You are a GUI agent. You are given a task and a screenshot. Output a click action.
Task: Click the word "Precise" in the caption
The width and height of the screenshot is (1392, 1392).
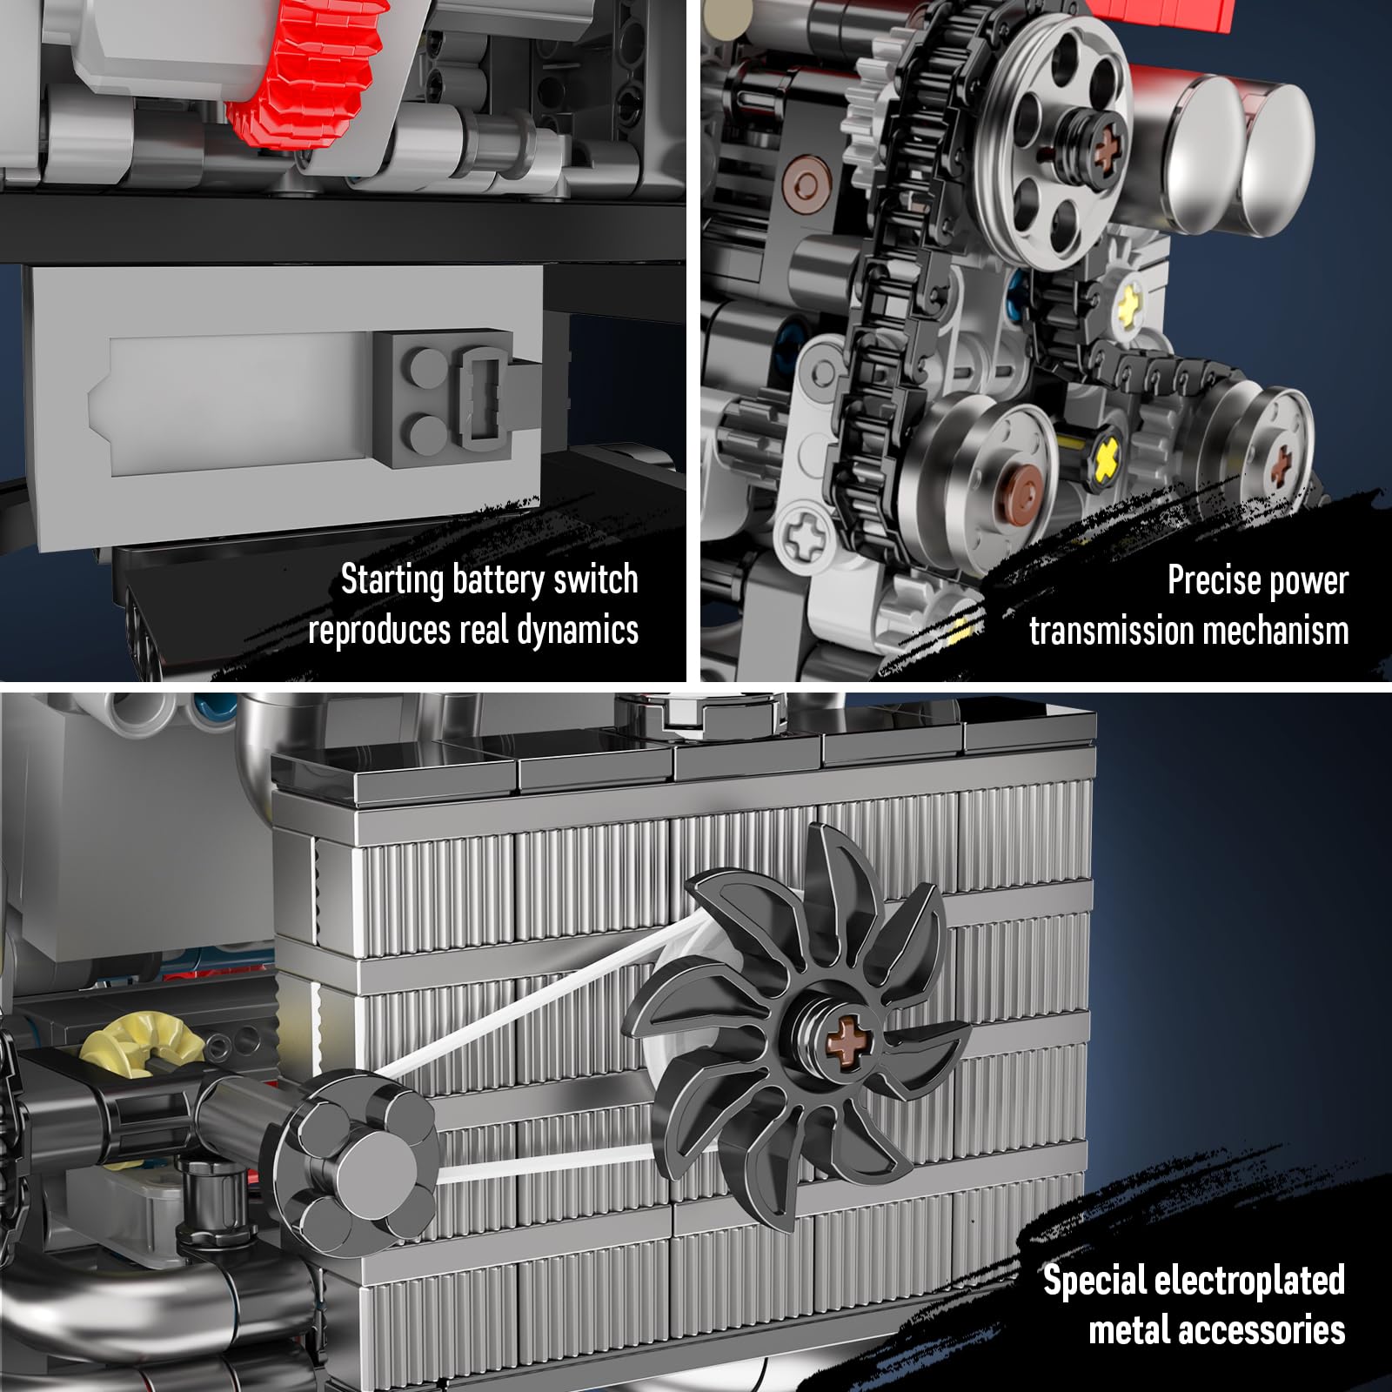(1211, 580)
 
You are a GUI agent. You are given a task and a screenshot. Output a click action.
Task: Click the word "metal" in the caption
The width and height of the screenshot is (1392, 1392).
(1131, 1331)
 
